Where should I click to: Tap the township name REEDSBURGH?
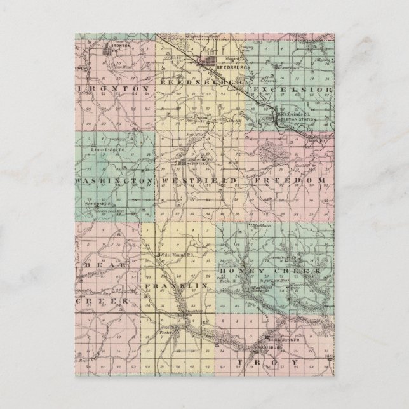[202, 83]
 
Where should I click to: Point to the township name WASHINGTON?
[113, 181]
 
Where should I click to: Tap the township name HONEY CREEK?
[286, 271]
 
